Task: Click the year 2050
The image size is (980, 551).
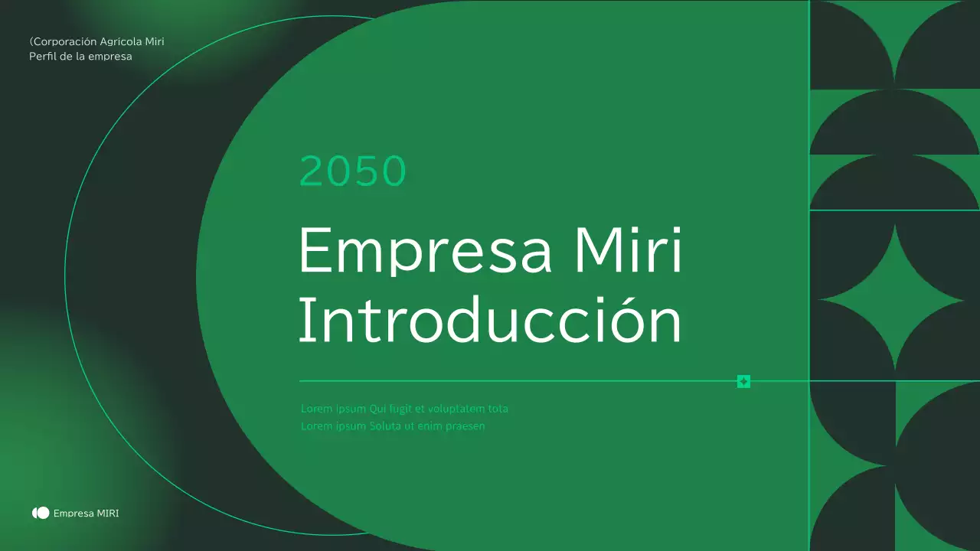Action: pyautogui.click(x=351, y=171)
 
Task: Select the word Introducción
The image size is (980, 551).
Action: pyautogui.click(x=489, y=321)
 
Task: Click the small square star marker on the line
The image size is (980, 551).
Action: pyautogui.click(x=743, y=381)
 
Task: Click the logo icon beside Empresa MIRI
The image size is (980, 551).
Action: pyautogui.click(x=41, y=513)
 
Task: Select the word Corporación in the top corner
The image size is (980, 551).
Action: pyautogui.click(x=64, y=41)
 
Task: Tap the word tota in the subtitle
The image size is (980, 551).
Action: pyautogui.click(x=498, y=409)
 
